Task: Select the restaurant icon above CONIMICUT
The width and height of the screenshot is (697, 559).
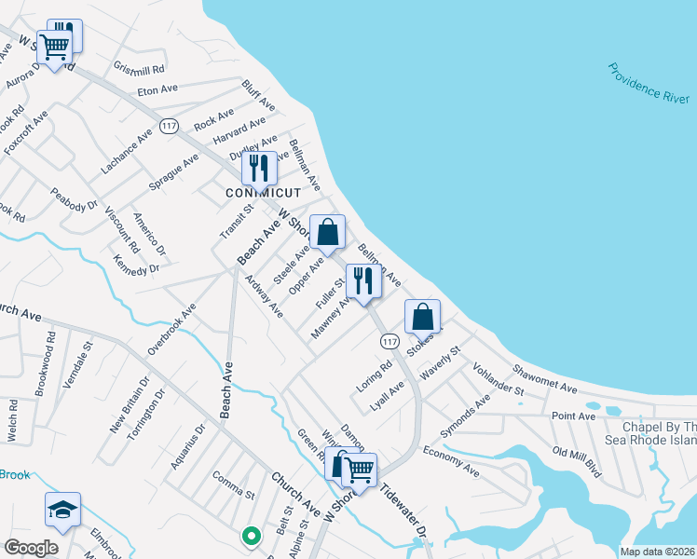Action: (259, 168)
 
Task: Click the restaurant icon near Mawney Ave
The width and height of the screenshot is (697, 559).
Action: (360, 281)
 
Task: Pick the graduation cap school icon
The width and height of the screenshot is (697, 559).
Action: (62, 510)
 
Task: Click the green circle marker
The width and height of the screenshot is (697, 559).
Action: (250, 536)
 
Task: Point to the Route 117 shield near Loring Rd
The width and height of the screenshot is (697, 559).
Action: (390, 342)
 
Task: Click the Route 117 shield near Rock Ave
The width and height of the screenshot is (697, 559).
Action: (169, 126)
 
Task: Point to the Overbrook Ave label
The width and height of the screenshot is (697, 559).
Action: (172, 329)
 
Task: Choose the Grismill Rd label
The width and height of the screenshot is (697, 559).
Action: (138, 69)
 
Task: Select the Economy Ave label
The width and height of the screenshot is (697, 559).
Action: (451, 461)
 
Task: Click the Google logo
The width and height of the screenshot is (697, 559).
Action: (31, 547)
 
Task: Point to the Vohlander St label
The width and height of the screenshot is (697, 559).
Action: (499, 380)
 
